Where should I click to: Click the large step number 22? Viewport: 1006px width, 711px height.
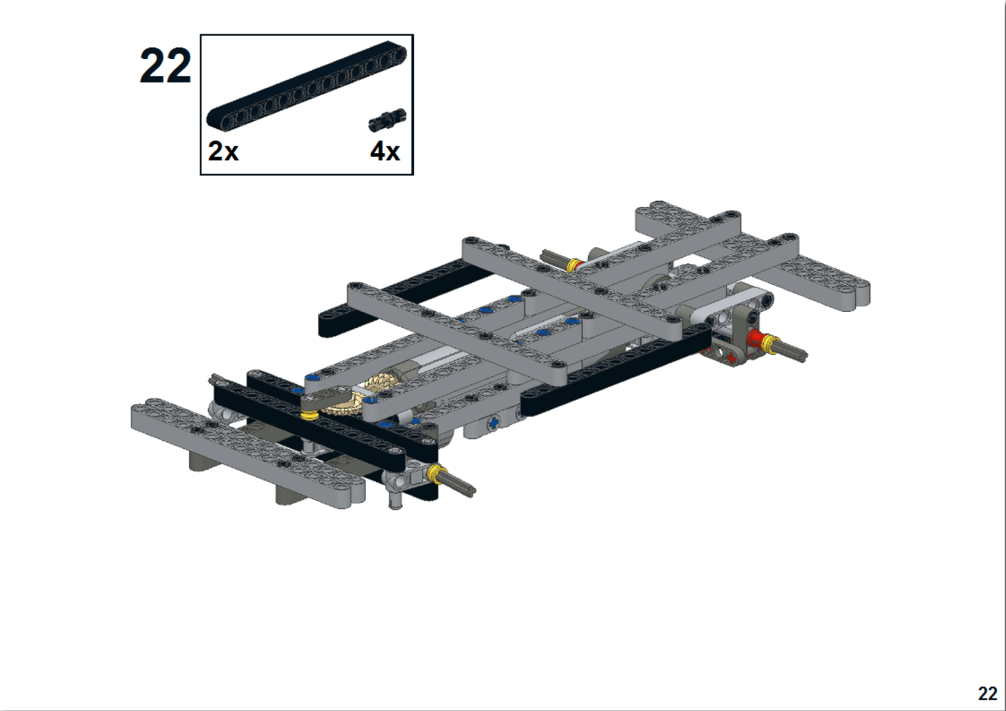point(165,66)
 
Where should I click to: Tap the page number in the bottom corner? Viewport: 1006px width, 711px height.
point(987,694)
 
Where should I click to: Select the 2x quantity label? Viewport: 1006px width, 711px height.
point(223,151)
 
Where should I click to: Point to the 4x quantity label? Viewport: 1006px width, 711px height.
point(385,151)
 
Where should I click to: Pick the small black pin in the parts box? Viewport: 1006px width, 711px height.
point(387,119)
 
